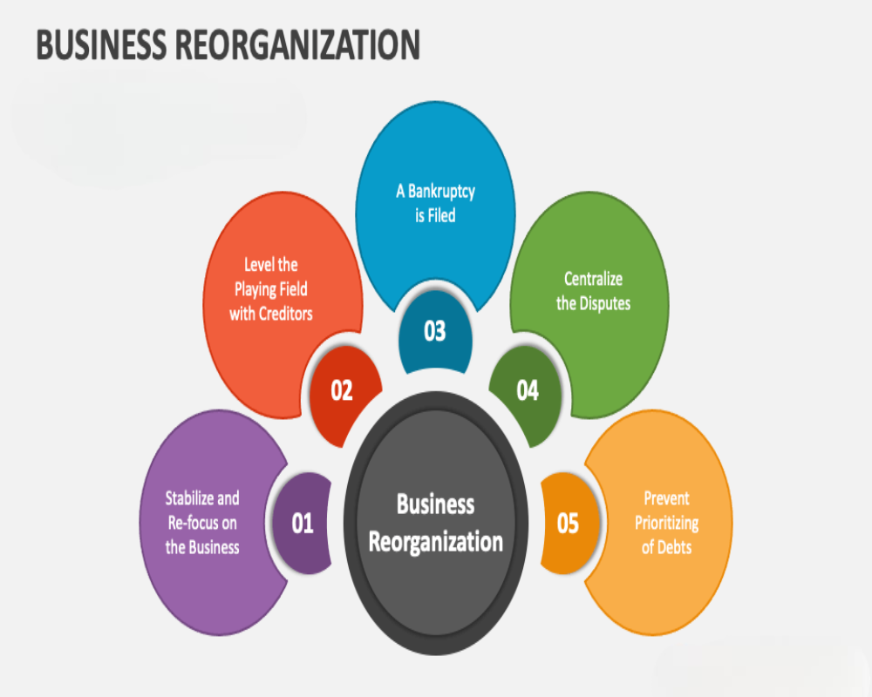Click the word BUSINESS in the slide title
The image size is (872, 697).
coord(102,45)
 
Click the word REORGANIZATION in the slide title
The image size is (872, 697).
coord(298,45)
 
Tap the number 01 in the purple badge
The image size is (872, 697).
coord(303,524)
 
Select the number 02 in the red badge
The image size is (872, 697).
coord(342,390)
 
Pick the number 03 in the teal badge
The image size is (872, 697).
coord(435,331)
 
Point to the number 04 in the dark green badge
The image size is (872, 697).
coord(528,390)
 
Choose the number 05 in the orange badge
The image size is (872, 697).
coord(568,524)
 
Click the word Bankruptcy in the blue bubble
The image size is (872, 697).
coord(441,193)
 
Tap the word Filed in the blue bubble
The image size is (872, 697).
coord(441,215)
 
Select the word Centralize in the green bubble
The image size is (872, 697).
coord(593,279)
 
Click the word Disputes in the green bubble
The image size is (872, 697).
coord(605,303)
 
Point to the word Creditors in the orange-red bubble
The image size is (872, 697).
coord(286,314)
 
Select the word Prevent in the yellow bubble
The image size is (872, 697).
coord(666,498)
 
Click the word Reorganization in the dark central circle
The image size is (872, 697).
coord(435,543)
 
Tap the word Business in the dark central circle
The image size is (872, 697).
coord(435,504)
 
